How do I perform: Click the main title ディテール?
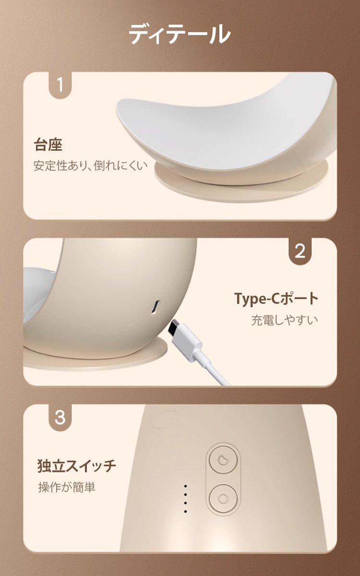click(x=180, y=34)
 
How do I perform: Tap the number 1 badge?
click(x=60, y=85)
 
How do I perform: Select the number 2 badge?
click(x=300, y=251)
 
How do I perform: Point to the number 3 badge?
click(x=60, y=417)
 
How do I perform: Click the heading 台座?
click(x=48, y=145)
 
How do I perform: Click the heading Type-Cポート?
click(x=276, y=298)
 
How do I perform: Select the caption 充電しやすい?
click(x=285, y=320)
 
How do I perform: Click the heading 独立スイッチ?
click(x=77, y=466)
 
